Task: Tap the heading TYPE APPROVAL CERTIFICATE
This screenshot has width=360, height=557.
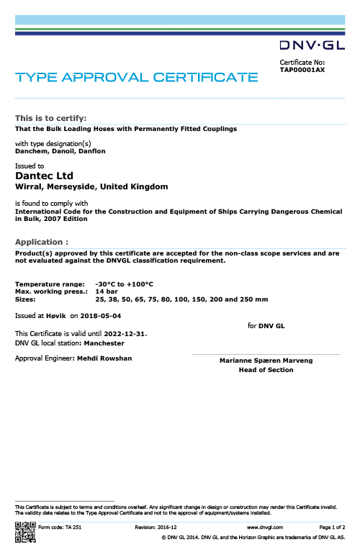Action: point(137,77)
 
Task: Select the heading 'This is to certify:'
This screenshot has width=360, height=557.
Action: point(51,118)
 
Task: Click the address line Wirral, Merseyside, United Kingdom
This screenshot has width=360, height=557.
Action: point(91,186)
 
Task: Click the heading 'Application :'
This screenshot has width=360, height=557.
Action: point(42,243)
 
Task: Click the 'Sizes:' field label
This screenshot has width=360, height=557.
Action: point(25,299)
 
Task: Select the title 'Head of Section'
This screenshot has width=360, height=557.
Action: point(266,370)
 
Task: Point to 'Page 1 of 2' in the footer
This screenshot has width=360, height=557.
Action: point(332,527)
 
